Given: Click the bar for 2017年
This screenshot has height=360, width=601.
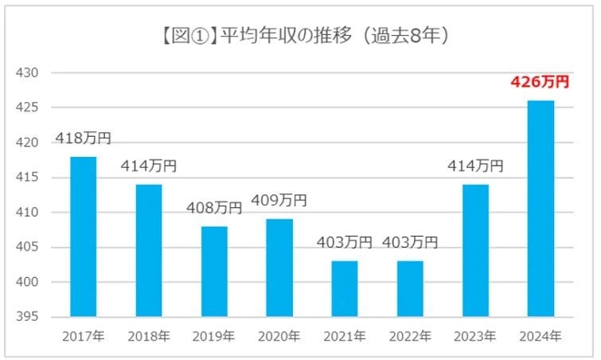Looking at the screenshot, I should [83, 237].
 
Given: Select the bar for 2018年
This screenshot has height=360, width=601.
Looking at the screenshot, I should [148, 251].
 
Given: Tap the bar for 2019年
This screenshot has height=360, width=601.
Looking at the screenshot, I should [214, 272].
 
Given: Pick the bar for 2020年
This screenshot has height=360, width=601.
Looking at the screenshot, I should [279, 268].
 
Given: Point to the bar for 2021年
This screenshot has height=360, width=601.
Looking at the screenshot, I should [345, 288].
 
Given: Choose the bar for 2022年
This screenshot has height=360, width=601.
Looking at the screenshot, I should [410, 288].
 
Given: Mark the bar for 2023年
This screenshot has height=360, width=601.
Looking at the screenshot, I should [475, 251].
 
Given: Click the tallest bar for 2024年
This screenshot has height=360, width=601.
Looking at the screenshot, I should [541, 209].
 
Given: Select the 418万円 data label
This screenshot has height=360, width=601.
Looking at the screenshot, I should [83, 139].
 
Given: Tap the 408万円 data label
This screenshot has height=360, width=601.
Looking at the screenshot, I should [214, 208].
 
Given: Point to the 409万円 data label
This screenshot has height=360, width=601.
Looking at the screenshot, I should [279, 201].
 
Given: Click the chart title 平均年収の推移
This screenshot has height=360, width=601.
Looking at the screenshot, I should [302, 36].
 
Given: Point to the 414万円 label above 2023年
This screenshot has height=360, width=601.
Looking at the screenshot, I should [475, 166].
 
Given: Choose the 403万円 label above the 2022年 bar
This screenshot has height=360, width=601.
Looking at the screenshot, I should [410, 242].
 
